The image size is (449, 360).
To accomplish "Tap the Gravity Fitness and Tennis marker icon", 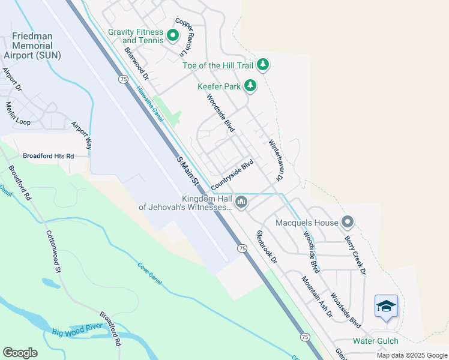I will pos(173,36).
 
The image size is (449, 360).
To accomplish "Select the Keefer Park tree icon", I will pos(250,86).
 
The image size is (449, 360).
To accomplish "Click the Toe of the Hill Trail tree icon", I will pos(262,64).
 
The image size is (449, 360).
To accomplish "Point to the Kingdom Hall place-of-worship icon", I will pos(241,202).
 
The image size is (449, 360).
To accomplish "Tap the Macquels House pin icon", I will pos(348,223).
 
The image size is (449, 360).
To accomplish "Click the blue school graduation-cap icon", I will pos(386,307).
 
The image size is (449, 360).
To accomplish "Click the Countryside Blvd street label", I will pos(233,174).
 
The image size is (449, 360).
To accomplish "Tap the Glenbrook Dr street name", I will pos(267,247).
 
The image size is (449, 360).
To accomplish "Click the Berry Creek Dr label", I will pos(355,255).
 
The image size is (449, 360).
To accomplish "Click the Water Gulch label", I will pos(375,341).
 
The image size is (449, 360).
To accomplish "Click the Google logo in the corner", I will pos(20,353).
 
